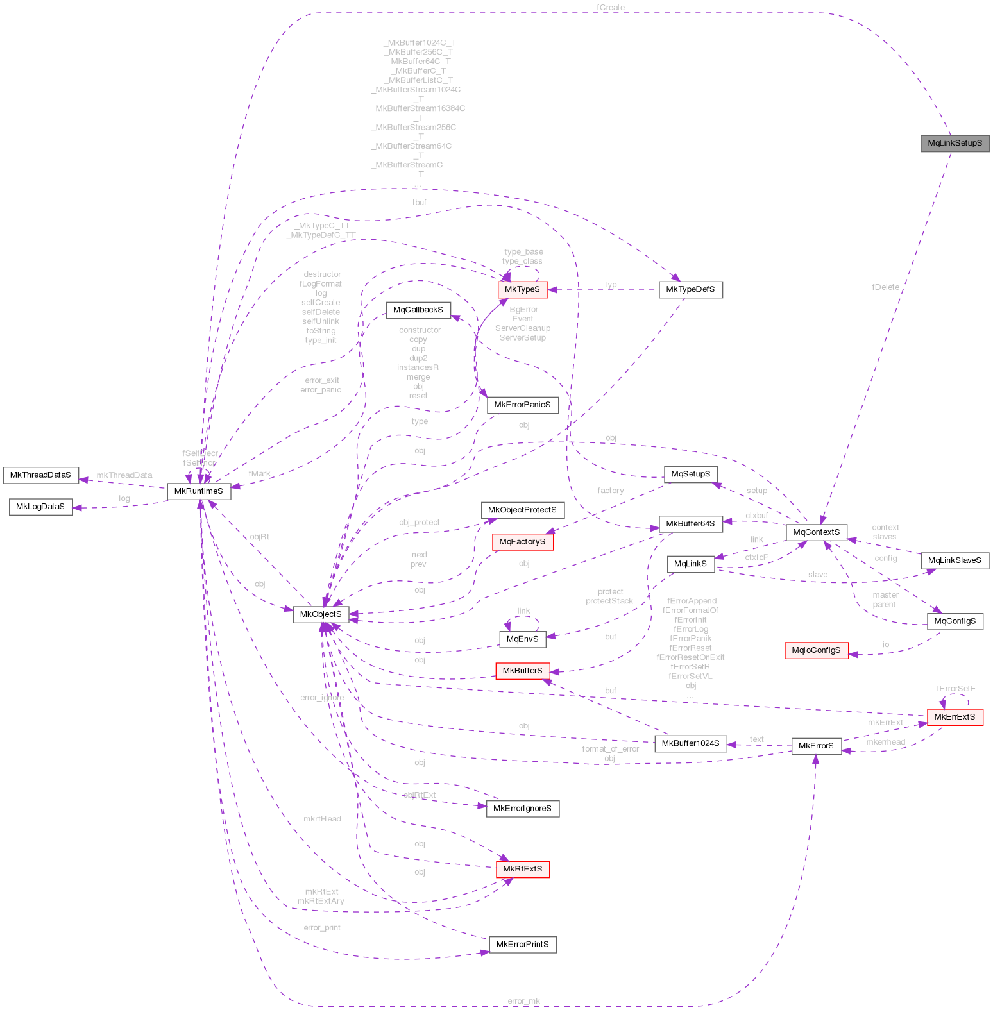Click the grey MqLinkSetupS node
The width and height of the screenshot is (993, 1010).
(955, 143)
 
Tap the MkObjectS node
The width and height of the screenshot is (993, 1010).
(321, 614)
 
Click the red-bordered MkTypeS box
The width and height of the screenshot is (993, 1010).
(523, 290)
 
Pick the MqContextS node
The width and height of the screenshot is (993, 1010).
(816, 532)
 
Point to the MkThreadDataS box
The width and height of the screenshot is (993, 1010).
(40, 475)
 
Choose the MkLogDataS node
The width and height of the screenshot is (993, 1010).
(40, 507)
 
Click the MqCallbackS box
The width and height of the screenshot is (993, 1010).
(418, 310)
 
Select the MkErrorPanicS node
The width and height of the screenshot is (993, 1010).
(522, 405)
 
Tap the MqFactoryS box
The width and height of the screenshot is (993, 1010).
(522, 542)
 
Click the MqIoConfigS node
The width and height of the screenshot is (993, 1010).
(816, 650)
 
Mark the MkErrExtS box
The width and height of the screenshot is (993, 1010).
(955, 717)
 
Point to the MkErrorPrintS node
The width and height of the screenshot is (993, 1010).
(522, 945)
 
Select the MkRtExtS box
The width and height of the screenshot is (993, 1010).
(522, 870)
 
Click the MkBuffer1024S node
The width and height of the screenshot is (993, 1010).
(690, 744)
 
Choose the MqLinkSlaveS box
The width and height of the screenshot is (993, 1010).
(955, 560)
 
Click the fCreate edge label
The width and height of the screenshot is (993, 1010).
(610, 8)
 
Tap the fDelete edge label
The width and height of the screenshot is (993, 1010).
(885, 287)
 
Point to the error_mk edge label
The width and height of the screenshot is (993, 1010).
(523, 1001)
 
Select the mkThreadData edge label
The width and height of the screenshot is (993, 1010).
(124, 475)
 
